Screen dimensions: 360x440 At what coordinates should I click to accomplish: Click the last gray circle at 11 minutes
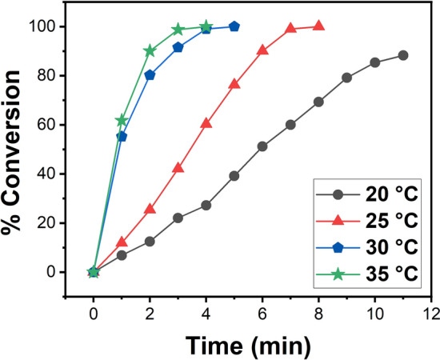(x=402, y=55)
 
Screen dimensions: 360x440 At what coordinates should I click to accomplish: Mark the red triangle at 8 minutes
(x=318, y=26)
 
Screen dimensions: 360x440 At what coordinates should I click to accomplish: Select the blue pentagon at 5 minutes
(x=234, y=26)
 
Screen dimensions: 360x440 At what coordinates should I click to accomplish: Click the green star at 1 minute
(x=122, y=121)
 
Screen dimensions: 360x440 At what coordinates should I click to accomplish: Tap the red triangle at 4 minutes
(x=206, y=123)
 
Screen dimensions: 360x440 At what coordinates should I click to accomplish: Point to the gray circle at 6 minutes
(x=262, y=146)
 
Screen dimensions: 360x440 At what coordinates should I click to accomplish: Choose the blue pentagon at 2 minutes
(x=150, y=75)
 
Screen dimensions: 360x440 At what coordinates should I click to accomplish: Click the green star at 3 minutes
(x=178, y=30)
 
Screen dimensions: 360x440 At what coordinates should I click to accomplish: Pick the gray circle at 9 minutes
(x=346, y=78)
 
